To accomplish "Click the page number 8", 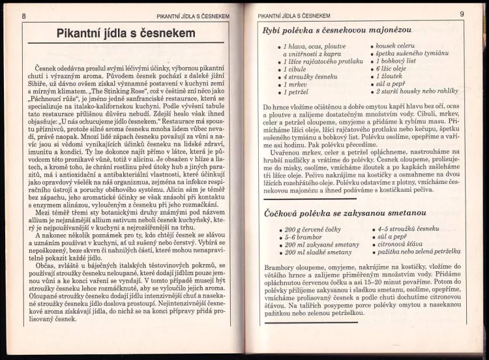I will point(24,16).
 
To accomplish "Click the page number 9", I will point(462,14).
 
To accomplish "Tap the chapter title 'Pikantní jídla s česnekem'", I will point(126,33).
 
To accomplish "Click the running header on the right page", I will point(294,15).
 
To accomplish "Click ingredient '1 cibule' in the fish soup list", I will point(297,69).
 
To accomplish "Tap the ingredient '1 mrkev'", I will point(297,85).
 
